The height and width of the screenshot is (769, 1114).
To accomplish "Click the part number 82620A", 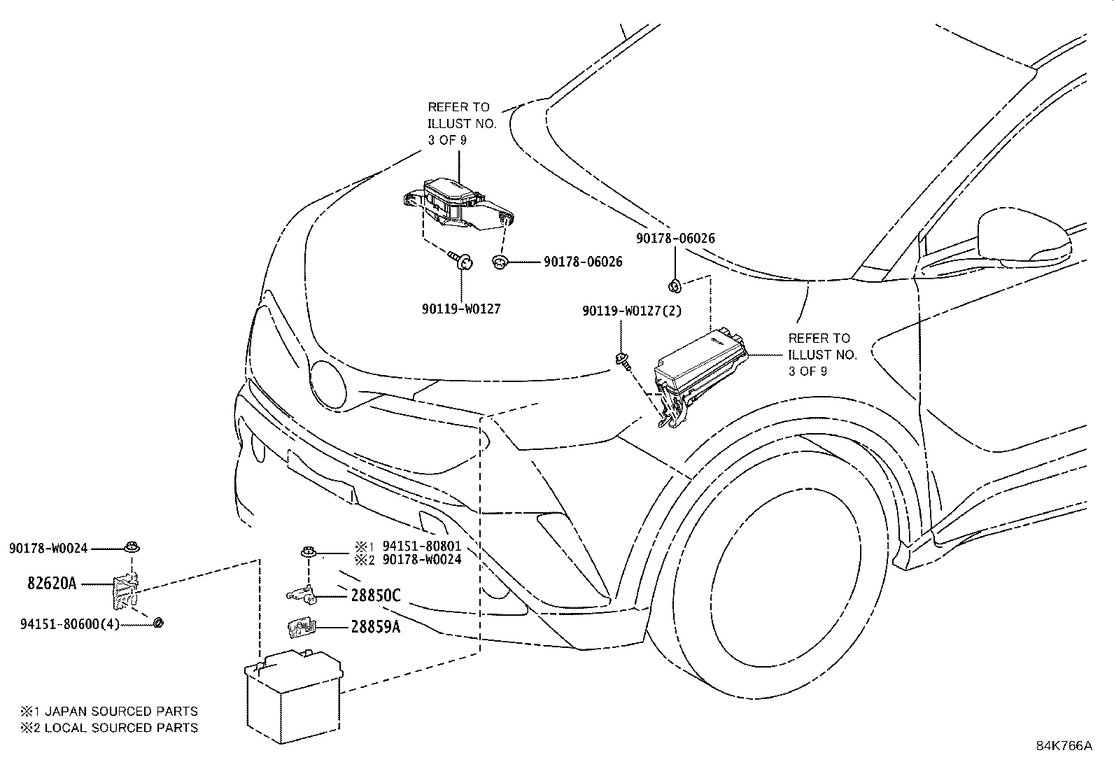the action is pos(52,583).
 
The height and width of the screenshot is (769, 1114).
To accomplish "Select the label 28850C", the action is pos(376,595).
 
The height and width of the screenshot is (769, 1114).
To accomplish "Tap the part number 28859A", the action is pos(376,627).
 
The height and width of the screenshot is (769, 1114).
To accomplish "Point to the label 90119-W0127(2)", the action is pos(632,311).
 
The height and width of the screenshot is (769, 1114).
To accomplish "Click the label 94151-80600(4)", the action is pos(70,624).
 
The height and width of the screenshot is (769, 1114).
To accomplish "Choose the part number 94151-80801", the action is pos(422,546).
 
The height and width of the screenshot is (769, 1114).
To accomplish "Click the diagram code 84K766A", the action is pos(1064,746).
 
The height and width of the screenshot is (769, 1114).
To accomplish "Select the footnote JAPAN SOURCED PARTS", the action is pos(121,712).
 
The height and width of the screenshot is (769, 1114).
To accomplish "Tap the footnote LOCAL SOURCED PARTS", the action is pos(121,728).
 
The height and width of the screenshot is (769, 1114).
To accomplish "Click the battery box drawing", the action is pos(293,696).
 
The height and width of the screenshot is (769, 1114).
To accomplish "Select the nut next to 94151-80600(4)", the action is pos(159,622).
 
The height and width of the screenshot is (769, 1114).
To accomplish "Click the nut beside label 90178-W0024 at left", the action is pos(132,546).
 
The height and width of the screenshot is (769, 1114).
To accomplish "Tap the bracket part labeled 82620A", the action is pos(125,591).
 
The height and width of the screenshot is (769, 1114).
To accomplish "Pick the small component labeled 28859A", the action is pos(302,627).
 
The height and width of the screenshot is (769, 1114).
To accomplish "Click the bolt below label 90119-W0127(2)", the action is pos(623,361).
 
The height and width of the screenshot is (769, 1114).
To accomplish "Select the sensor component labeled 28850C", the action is pos(302,594).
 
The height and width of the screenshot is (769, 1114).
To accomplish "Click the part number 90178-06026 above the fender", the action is pos(675,239).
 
